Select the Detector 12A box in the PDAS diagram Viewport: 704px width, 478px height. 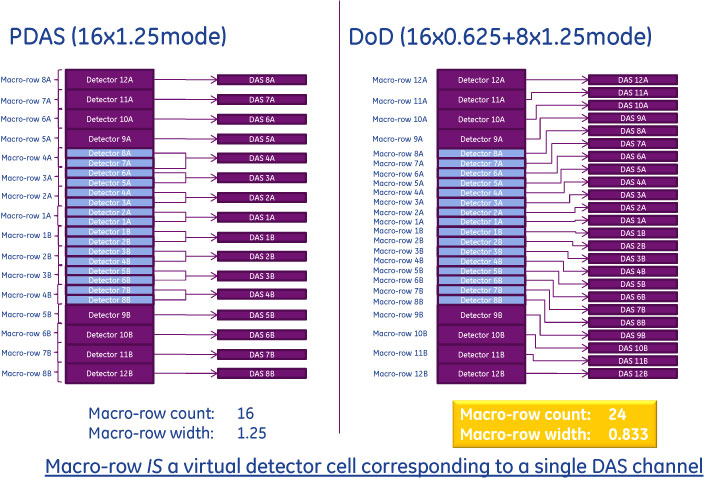[x=111, y=79]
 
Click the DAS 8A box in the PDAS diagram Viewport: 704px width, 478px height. [x=262, y=79]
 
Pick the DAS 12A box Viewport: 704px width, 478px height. [x=632, y=79]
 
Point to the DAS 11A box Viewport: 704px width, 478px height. [x=632, y=92]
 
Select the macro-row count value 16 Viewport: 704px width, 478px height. [x=247, y=413]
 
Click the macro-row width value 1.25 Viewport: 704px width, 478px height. [x=251, y=432]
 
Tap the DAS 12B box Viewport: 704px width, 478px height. [x=632, y=373]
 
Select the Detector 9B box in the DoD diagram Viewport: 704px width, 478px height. [x=481, y=314]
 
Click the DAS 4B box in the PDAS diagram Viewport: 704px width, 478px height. [x=262, y=294]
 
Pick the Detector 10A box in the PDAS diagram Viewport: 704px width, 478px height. [x=111, y=119]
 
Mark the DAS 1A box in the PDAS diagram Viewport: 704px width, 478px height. [x=262, y=217]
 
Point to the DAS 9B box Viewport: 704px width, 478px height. [x=632, y=335]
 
